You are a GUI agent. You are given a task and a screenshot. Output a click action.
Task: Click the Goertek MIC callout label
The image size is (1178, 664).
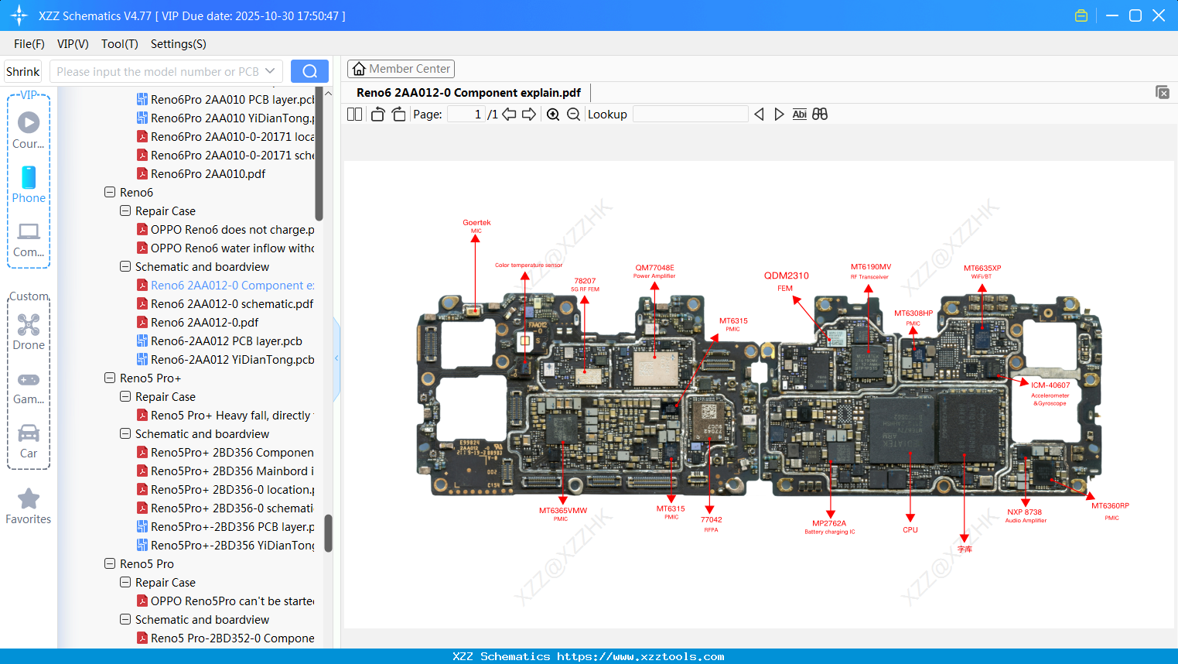(x=476, y=224)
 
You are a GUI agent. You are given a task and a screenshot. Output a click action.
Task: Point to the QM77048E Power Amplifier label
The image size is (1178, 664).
(x=654, y=269)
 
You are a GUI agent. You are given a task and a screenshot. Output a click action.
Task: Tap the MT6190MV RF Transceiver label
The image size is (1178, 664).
(x=870, y=269)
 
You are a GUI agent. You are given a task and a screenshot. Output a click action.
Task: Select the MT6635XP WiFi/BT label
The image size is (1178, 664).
(x=982, y=270)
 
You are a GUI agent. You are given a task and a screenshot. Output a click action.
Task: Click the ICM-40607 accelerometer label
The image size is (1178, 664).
(x=1050, y=386)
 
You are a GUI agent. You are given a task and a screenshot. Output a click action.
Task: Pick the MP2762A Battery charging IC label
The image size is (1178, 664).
(x=829, y=525)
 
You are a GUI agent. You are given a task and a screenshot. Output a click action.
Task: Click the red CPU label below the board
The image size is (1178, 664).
(x=910, y=530)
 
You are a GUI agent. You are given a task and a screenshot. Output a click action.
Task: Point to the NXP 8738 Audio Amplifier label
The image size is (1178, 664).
(x=1025, y=514)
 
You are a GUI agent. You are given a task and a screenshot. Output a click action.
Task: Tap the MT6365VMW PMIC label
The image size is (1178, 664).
(x=562, y=512)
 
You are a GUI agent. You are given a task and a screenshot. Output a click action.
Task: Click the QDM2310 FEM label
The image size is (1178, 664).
(x=786, y=277)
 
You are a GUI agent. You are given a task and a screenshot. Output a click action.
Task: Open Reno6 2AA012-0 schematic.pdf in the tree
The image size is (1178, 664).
(x=231, y=304)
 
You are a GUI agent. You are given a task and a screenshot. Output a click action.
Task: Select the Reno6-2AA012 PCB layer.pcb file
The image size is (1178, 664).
(x=226, y=341)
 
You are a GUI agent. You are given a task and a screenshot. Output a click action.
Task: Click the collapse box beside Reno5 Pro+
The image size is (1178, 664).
(x=110, y=378)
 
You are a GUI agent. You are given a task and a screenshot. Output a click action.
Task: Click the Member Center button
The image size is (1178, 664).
(x=401, y=69)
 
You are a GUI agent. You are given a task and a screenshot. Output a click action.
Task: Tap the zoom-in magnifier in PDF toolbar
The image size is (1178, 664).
(x=553, y=115)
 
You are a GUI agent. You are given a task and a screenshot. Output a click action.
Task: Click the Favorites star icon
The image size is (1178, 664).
(x=29, y=499)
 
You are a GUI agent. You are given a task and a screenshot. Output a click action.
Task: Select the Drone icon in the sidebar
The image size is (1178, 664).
(x=29, y=325)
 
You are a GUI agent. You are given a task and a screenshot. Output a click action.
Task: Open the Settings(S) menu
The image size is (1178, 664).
(x=178, y=44)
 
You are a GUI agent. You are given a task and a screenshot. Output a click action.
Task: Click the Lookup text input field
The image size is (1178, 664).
(x=690, y=115)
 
